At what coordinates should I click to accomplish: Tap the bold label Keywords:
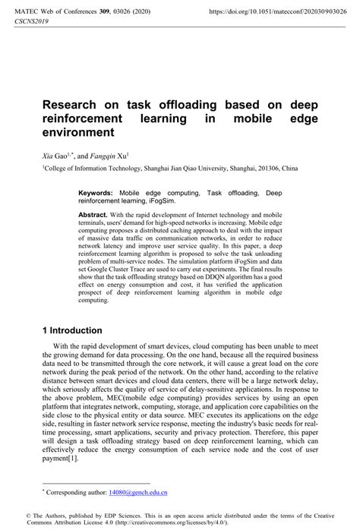tap(96, 193)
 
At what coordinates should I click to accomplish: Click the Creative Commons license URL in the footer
tap(213, 523)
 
